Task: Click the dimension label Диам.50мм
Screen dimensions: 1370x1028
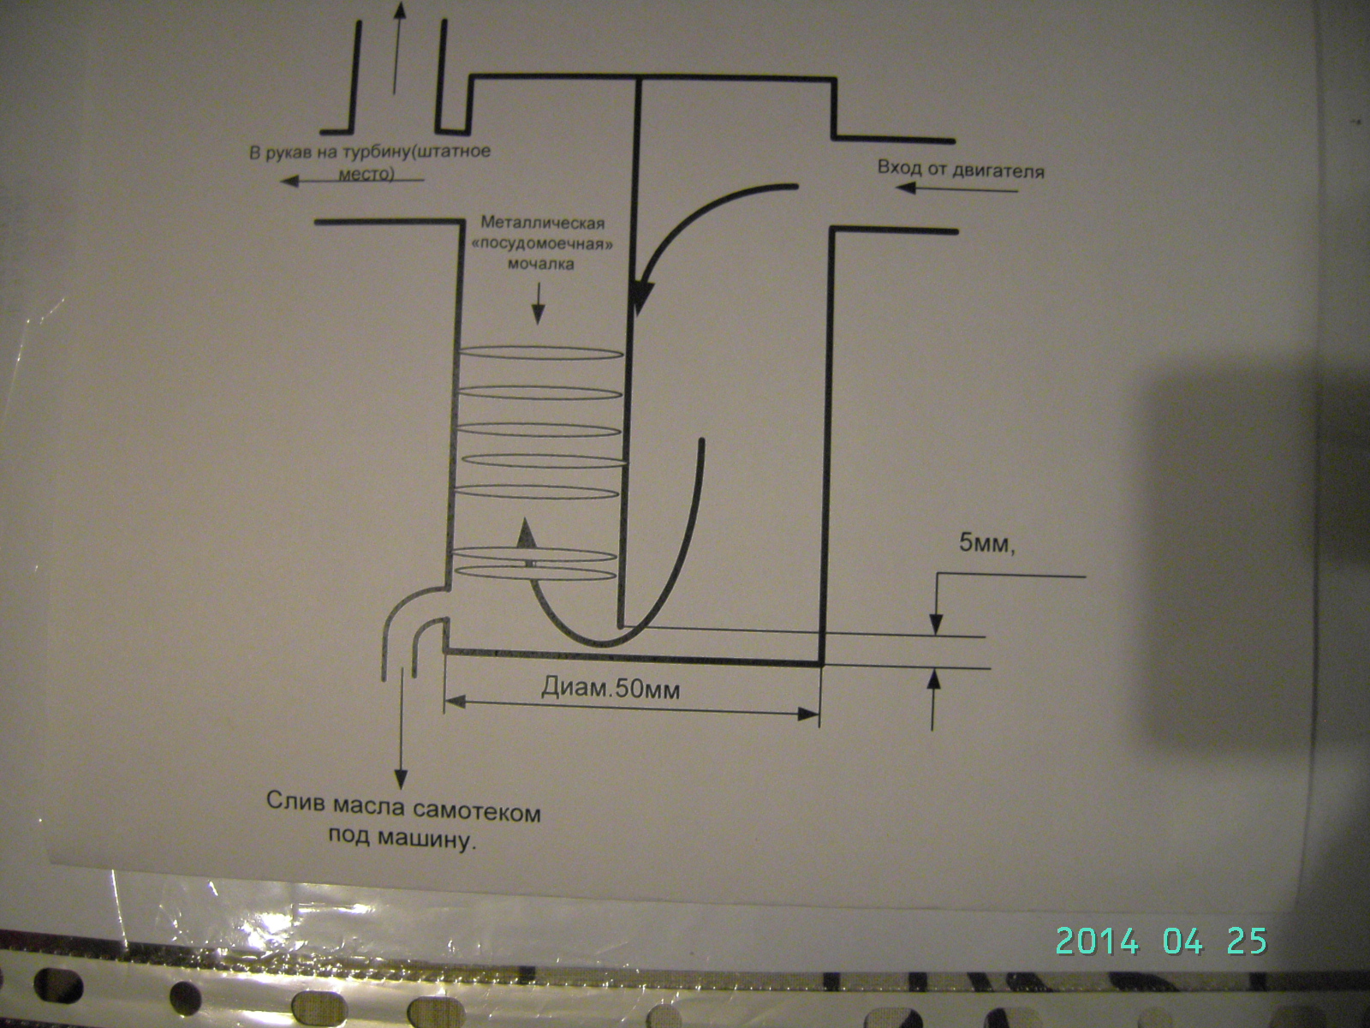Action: [610, 688]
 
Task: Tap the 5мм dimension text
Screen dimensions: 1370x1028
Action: [987, 544]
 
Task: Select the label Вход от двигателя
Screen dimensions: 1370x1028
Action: [962, 169]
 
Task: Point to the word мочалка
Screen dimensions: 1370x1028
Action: [540, 264]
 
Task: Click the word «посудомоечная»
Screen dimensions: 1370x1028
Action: [543, 243]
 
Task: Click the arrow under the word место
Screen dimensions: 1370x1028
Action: [351, 181]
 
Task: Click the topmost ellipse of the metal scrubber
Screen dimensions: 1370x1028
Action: [540, 353]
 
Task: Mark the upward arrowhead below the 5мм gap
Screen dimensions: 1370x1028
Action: [933, 679]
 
